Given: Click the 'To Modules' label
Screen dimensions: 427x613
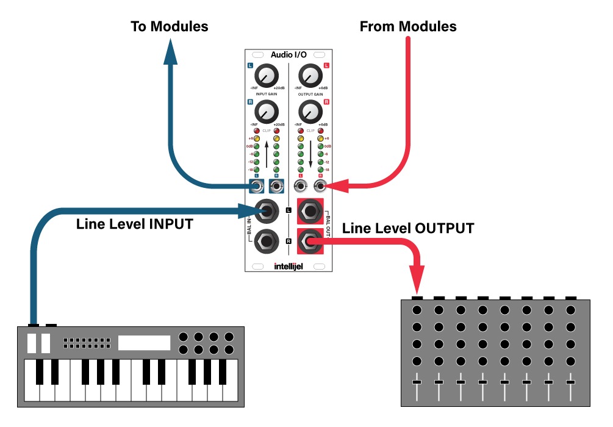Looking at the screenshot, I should click(x=170, y=26).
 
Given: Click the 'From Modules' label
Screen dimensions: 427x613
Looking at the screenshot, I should click(x=408, y=26).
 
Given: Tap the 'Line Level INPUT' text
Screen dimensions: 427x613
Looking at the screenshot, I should click(x=134, y=224).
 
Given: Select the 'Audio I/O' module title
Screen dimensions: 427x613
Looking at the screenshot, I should click(x=289, y=54).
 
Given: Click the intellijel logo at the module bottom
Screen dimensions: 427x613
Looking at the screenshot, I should click(x=289, y=266).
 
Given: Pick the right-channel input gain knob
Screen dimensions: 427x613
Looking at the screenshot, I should click(x=265, y=111).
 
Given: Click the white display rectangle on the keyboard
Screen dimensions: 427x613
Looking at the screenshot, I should click(x=143, y=343).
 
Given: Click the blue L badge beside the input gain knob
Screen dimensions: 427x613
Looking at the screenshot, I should click(x=250, y=66).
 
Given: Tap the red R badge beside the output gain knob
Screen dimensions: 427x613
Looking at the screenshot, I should click(x=327, y=102).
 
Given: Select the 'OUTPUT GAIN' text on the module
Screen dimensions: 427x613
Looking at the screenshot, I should click(x=311, y=95).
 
